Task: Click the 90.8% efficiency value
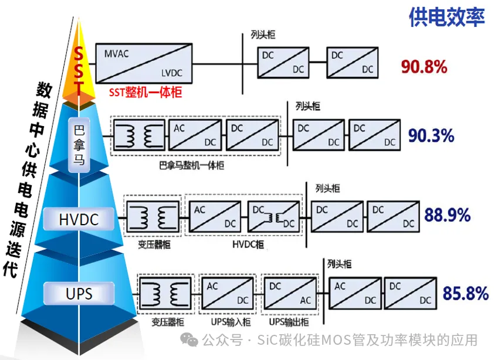424,67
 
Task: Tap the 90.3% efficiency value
431,135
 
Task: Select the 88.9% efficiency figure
448,215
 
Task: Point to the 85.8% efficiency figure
466,293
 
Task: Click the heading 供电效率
446,18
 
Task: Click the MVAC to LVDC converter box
144,62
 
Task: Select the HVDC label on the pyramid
79,220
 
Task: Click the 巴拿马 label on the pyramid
79,145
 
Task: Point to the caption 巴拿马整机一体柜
191,165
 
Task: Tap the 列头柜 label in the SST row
262,35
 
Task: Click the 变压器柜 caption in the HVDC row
154,244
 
